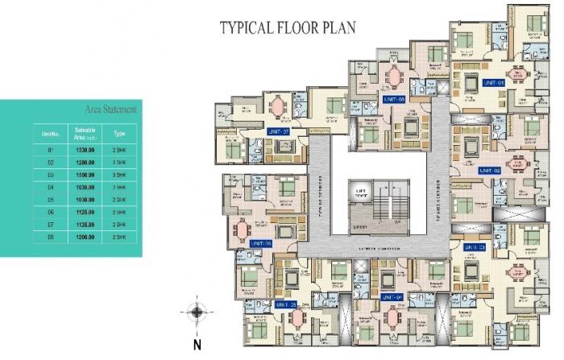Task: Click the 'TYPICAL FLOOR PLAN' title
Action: (x=288, y=27)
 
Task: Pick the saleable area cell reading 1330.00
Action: (x=84, y=150)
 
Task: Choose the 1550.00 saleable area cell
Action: (x=84, y=173)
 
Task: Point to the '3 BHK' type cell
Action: (x=119, y=173)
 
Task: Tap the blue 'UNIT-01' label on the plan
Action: (x=493, y=83)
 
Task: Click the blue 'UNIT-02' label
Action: (x=489, y=171)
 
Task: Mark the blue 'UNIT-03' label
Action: (x=475, y=247)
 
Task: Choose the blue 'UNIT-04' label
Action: (x=392, y=297)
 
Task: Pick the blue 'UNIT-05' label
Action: (x=286, y=305)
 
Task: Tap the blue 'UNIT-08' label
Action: (x=394, y=100)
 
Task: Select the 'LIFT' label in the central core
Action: (x=360, y=192)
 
